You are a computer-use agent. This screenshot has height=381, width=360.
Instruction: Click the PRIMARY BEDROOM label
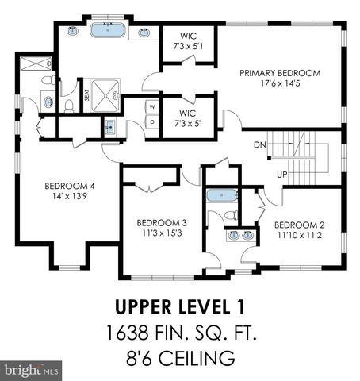(x=280, y=73)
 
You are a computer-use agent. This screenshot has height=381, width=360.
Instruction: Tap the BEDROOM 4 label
(x=69, y=187)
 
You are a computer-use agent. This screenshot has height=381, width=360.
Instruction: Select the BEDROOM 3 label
(x=161, y=223)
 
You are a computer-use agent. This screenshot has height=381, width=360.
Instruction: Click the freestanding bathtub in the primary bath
(x=107, y=32)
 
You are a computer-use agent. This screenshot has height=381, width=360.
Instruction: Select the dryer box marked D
(x=151, y=122)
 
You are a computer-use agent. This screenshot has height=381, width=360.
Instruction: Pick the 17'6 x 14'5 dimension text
(x=280, y=83)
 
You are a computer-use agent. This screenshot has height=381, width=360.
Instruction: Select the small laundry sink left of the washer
(x=110, y=125)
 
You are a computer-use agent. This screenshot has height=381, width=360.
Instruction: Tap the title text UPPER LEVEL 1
(x=179, y=306)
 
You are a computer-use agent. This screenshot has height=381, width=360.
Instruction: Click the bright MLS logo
(x=32, y=370)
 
